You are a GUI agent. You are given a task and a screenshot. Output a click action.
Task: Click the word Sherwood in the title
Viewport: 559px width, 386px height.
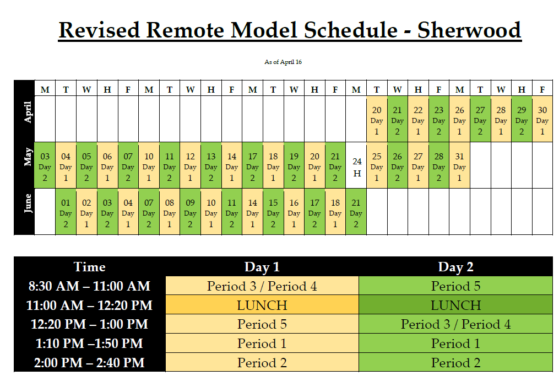tap(469, 30)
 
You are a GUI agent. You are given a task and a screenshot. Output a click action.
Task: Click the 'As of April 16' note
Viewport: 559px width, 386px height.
tap(283, 62)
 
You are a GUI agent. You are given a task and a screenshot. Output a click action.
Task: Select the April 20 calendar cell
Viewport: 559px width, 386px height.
tap(377, 119)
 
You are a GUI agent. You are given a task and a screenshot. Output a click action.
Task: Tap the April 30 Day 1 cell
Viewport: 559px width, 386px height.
tap(542, 119)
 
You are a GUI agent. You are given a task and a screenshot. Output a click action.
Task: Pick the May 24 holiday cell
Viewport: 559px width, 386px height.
tap(356, 165)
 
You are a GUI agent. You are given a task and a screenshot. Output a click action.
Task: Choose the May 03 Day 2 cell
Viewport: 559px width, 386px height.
tap(45, 165)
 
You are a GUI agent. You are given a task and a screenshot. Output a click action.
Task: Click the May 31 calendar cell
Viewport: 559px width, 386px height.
tap(459, 165)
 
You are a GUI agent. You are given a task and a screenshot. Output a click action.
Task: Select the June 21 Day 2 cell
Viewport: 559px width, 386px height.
tap(356, 212)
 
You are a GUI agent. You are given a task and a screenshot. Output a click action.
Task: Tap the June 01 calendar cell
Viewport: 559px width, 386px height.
tap(66, 212)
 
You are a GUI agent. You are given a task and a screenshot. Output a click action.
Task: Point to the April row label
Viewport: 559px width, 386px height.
tap(28, 112)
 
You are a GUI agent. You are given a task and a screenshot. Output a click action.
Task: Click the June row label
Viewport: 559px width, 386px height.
tap(28, 203)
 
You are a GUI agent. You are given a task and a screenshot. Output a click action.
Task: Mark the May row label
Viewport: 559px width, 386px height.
tap(28, 157)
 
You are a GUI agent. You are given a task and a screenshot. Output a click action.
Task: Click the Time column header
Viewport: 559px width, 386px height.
tap(89, 267)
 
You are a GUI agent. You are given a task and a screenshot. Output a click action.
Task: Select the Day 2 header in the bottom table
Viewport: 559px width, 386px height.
tap(455, 267)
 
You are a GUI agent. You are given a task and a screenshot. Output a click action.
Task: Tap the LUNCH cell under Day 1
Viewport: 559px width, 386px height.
tap(262, 305)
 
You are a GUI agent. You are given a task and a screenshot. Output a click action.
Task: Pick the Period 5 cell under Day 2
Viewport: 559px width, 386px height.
tap(455, 286)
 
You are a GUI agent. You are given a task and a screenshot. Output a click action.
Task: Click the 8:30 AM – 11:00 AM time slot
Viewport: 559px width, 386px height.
tap(89, 286)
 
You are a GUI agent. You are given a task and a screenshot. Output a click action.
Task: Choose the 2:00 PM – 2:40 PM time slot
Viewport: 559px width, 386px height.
tap(89, 362)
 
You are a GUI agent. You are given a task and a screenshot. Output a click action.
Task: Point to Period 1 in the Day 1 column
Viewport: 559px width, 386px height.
tap(262, 343)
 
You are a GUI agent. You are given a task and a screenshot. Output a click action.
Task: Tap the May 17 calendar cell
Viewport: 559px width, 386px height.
tap(252, 165)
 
